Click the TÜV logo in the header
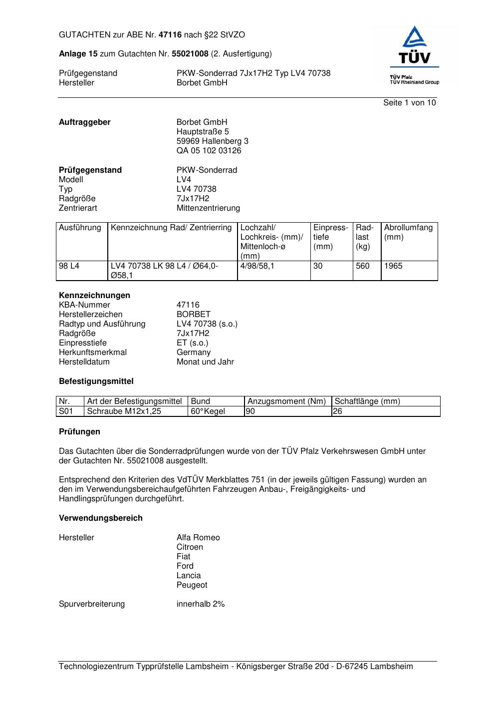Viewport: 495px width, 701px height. (x=414, y=47)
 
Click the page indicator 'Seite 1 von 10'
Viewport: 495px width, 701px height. (x=409, y=103)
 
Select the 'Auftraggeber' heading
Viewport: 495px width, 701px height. (x=85, y=122)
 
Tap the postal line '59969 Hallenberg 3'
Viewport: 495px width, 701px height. (x=212, y=141)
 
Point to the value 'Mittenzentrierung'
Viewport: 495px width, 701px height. (x=208, y=208)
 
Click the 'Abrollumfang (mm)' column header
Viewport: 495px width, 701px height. (x=408, y=232)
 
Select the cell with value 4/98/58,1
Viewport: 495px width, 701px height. (x=257, y=266)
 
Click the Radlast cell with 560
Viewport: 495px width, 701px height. (x=363, y=266)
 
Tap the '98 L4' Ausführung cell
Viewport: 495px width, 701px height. (x=69, y=266)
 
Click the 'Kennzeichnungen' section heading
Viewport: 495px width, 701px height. (x=94, y=296)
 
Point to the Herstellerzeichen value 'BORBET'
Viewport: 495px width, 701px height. (x=194, y=315)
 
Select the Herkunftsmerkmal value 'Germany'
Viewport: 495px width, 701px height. (x=194, y=352)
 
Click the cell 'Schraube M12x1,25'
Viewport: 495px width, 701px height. (x=124, y=411)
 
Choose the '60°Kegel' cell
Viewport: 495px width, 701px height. (x=208, y=411)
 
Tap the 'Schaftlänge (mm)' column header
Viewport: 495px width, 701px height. (x=367, y=401)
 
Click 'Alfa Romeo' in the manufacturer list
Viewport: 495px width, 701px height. (x=198, y=538)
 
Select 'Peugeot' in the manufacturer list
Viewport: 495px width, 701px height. (x=192, y=585)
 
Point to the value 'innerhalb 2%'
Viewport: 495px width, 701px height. (x=201, y=604)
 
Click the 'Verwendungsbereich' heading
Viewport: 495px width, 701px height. (x=101, y=518)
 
